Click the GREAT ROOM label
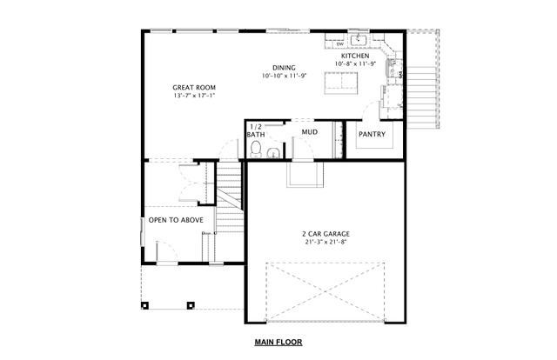pos(194,87)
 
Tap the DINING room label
pos(284,68)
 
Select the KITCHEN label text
pos(355,56)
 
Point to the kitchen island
pos(341,83)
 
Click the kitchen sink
pos(359,40)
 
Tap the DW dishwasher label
pos(340,44)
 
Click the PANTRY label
pos(372,134)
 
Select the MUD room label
pos(310,132)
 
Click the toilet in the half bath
pos(255,149)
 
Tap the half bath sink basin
pos(273,153)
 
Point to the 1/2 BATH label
pos(256,130)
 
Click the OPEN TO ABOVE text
pos(176,220)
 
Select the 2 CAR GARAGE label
pos(325,234)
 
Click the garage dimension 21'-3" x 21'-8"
pos(325,242)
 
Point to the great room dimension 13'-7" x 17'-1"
pos(194,96)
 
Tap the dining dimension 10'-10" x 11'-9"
pos(284,76)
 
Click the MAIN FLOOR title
pos(278,343)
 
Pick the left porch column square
pos(145,305)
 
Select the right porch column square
pos(191,305)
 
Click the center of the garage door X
pos(325,292)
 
